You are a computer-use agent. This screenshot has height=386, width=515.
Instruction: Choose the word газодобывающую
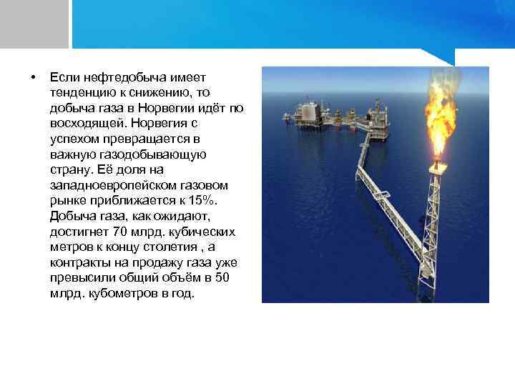coord(162,154)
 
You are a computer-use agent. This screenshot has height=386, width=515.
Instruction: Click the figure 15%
coord(206,200)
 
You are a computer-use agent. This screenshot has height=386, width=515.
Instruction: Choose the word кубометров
coord(118,292)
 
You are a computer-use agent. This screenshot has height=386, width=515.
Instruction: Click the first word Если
coord(62,77)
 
